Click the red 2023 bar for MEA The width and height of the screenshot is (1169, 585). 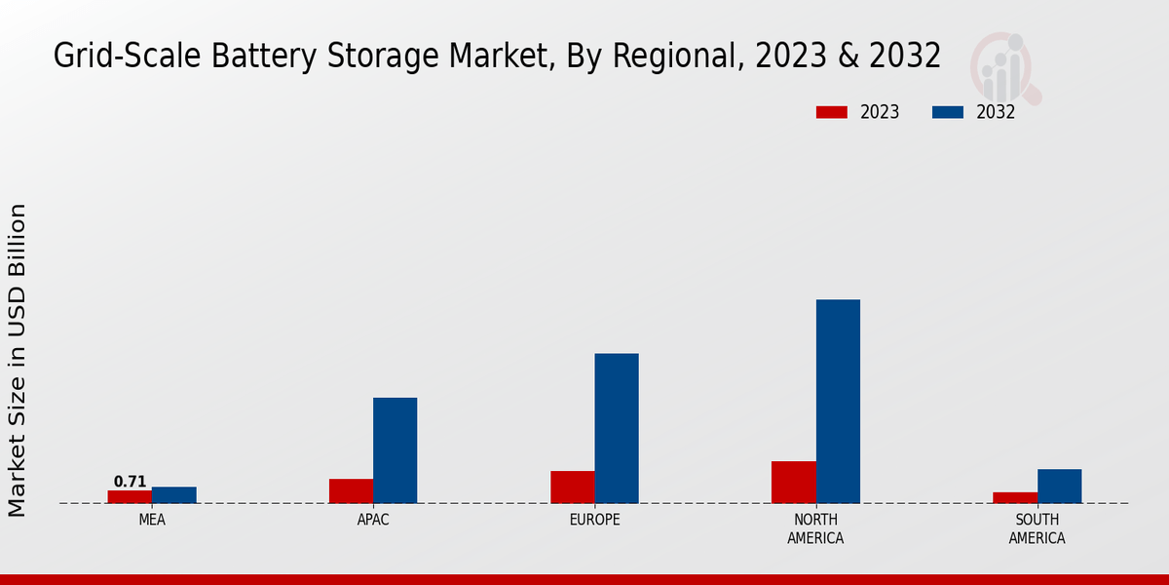(x=130, y=496)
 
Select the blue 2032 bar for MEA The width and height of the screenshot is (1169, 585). (x=173, y=495)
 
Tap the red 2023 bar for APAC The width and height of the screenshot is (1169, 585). (x=351, y=490)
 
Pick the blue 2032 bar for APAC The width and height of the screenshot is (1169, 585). (x=395, y=450)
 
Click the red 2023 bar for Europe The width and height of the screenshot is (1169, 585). (x=572, y=487)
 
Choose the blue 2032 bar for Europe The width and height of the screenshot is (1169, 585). (x=617, y=428)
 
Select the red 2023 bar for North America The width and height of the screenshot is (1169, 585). (x=793, y=482)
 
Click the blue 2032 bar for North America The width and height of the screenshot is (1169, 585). (x=838, y=401)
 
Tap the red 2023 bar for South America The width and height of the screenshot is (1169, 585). (x=1015, y=497)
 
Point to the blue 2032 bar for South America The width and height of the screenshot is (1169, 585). (x=1059, y=486)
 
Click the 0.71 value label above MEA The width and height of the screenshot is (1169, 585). (x=130, y=482)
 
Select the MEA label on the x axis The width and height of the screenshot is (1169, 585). (x=152, y=520)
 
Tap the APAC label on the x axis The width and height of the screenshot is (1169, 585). (x=373, y=520)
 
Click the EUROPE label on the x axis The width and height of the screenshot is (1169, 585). (x=594, y=520)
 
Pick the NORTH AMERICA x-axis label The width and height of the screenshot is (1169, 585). (x=815, y=528)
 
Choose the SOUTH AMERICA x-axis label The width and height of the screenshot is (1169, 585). (x=1037, y=528)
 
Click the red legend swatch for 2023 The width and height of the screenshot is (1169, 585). (x=832, y=112)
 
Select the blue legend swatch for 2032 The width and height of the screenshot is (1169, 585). (x=948, y=112)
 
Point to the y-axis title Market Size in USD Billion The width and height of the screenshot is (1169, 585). (x=18, y=360)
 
